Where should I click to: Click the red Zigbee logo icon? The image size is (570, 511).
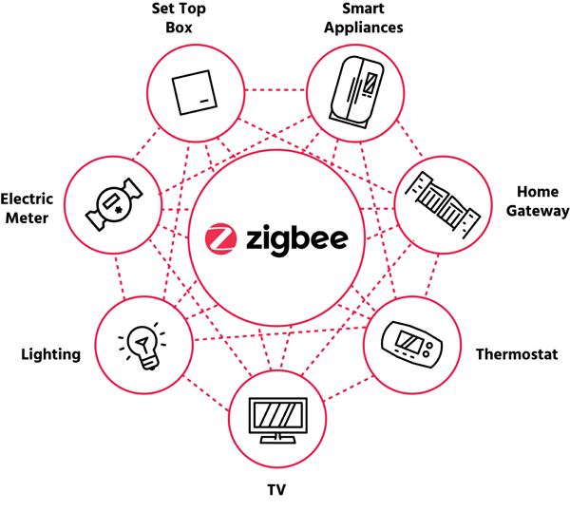[x=220, y=238]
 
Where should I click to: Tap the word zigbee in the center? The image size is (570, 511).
[x=297, y=240]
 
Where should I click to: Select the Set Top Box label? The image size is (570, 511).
[x=179, y=18]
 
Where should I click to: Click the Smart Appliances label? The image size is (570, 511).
[x=364, y=18]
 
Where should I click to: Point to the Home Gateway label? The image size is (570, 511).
[x=538, y=201]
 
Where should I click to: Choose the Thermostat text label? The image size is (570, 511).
[x=517, y=354]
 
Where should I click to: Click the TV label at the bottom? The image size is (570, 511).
[x=276, y=490]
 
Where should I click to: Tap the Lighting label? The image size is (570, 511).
[x=51, y=354]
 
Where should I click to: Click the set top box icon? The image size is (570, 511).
[x=195, y=92]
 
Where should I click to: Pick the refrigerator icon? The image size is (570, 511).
[x=356, y=92]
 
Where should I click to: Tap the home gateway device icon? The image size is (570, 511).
[x=443, y=205]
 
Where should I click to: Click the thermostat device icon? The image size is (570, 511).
[x=412, y=344]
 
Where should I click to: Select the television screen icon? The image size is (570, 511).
[x=278, y=421]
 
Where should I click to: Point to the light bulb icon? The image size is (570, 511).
[x=142, y=346]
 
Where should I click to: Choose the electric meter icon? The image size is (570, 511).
[x=114, y=204]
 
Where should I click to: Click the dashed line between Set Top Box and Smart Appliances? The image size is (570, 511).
[x=275, y=90]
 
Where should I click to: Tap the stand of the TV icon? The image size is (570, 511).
[x=278, y=439]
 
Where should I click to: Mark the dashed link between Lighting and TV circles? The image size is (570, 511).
[x=207, y=395]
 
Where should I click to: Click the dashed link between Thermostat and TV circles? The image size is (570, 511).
[x=349, y=388]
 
